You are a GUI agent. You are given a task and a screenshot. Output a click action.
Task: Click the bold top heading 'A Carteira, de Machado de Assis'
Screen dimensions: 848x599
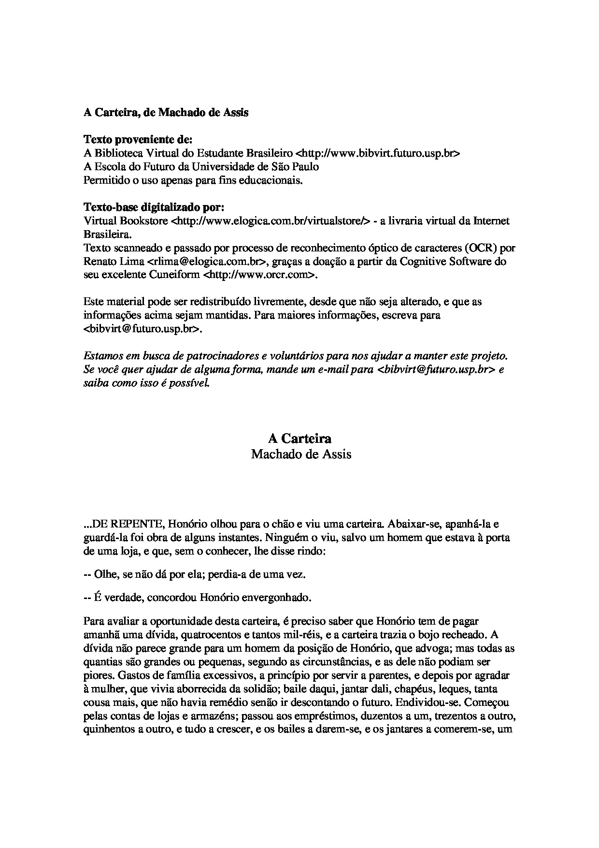[x=166, y=113]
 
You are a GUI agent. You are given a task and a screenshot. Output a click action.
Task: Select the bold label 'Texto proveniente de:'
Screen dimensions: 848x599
[x=138, y=140]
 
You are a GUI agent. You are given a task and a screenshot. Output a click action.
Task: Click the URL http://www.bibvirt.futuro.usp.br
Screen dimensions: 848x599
[x=377, y=153]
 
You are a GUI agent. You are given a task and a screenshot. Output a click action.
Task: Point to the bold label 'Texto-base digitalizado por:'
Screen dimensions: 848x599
[x=154, y=207]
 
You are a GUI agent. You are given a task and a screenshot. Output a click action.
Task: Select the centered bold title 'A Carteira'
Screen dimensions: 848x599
[x=299, y=439]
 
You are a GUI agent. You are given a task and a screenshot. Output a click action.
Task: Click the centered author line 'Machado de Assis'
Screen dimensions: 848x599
[x=301, y=454]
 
